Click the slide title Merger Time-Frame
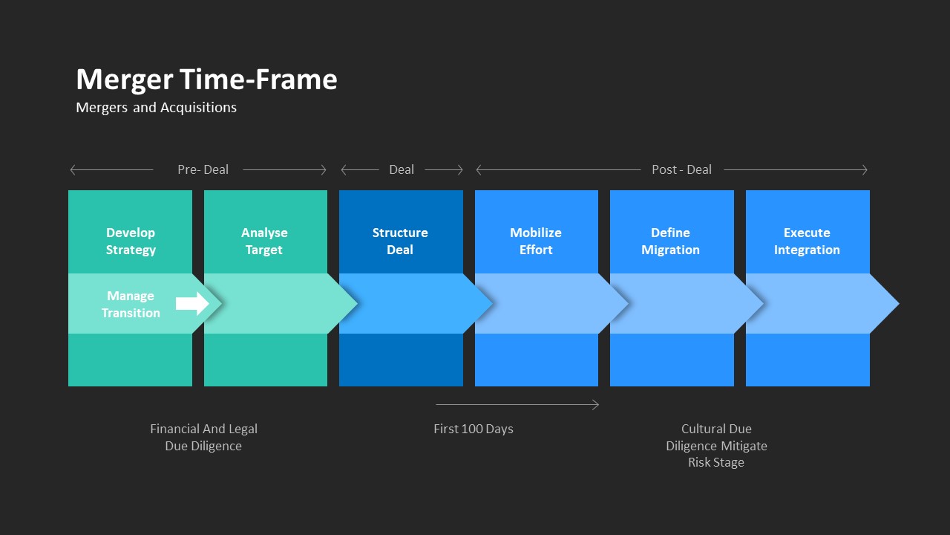(x=206, y=80)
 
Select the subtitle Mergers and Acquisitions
(x=156, y=108)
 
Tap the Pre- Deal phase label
(x=203, y=170)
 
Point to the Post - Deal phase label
(x=681, y=170)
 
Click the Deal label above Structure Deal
(x=402, y=170)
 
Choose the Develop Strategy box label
(x=131, y=241)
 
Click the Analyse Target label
(x=264, y=241)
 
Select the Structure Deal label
(x=400, y=241)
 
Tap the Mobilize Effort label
(x=536, y=241)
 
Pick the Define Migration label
(x=670, y=241)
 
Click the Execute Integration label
(x=807, y=241)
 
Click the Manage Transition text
(x=131, y=305)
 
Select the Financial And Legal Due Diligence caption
(x=203, y=438)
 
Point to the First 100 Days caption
(x=474, y=429)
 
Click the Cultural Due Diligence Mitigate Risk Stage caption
(x=716, y=446)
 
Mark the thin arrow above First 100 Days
(x=517, y=405)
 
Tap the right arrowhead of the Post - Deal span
(x=863, y=170)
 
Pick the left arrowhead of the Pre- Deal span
(x=73, y=170)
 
